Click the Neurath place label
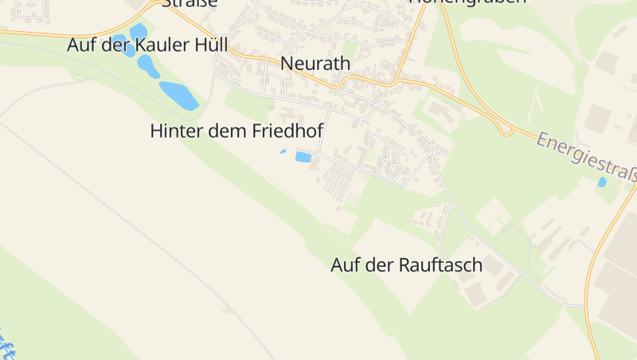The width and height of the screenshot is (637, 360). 316,63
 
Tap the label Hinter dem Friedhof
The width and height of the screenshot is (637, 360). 236,131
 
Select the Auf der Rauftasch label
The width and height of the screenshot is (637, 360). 406,265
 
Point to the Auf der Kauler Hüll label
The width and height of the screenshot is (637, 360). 147,45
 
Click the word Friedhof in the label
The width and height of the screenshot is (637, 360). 287,131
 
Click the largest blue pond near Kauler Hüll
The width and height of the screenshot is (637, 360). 179,96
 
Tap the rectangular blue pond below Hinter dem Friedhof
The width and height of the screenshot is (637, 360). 303,157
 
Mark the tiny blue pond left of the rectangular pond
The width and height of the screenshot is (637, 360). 283,151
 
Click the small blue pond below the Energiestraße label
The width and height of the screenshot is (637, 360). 602,182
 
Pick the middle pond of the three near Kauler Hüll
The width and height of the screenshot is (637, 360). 147,67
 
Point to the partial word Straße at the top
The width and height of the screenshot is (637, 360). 189,3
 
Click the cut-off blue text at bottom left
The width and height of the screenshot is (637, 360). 8,346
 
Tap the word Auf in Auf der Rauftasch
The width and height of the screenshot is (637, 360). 345,265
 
